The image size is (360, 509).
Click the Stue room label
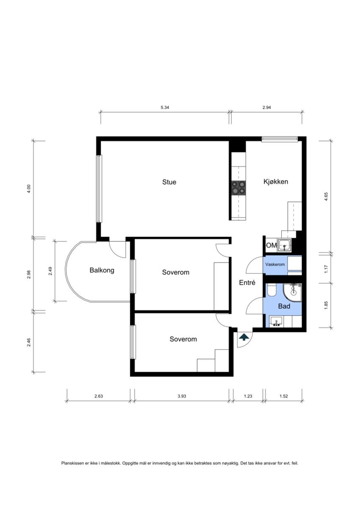[169, 182]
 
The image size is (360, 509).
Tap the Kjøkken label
[276, 182]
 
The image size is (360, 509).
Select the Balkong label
[102, 271]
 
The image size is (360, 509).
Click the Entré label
[247, 282]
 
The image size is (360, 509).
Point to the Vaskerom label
[275, 265]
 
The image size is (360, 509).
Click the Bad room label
[284, 306]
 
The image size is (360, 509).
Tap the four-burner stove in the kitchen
[238, 188]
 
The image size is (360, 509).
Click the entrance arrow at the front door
[244, 337]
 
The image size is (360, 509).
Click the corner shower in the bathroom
[293, 293]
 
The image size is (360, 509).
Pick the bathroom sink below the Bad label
[277, 321]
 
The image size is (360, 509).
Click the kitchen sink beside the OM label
[284, 245]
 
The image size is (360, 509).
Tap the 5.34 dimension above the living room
[165, 108]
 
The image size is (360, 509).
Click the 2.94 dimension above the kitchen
[266, 108]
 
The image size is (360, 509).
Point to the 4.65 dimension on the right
[326, 196]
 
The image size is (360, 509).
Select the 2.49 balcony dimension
[50, 271]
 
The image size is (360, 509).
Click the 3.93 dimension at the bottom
[182, 396]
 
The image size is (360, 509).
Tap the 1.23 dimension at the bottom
[248, 396]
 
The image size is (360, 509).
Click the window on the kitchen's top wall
[280, 139]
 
